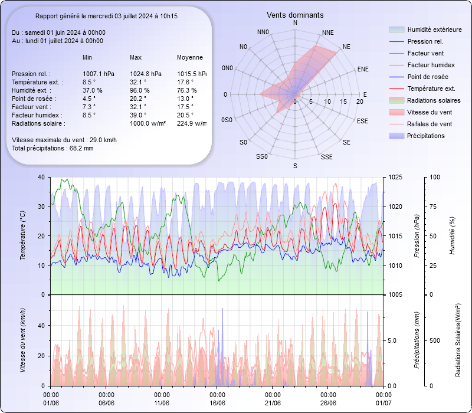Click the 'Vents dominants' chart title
pos(295,15)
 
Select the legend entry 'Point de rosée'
pos(427,77)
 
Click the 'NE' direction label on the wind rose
pos(346,46)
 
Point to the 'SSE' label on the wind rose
pos(326,157)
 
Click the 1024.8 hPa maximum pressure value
pos(145,74)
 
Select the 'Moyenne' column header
pos(190,57)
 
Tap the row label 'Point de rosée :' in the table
pos(34,99)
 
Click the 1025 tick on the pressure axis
pos(395,177)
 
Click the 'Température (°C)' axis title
pos(22,236)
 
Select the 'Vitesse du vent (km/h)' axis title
pos(22,340)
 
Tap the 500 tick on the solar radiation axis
pos(434,340)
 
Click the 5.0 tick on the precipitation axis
pos(396,340)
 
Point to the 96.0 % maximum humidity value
pos(140,90)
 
